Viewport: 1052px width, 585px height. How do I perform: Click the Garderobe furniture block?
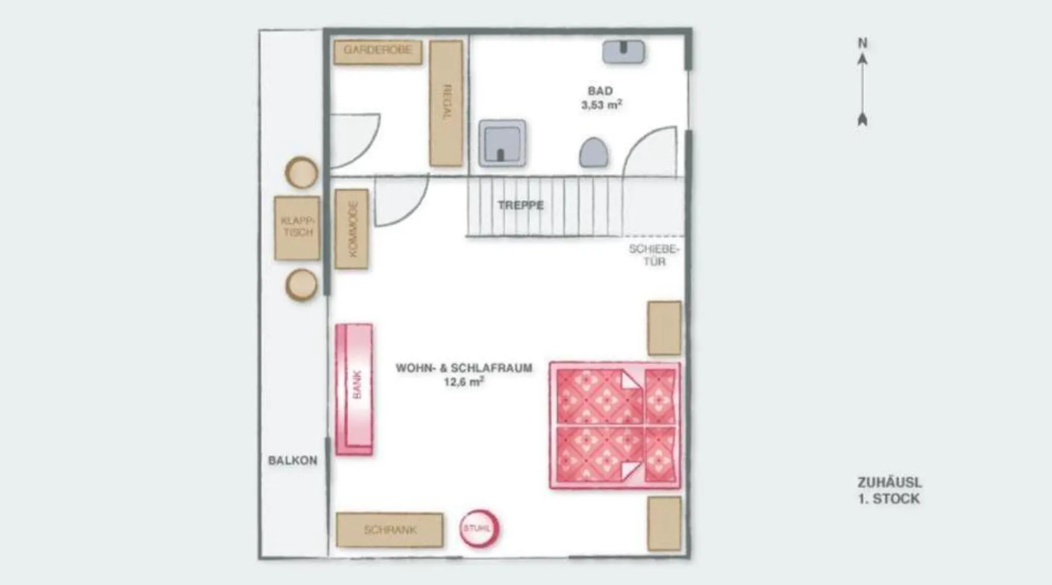coord(378,52)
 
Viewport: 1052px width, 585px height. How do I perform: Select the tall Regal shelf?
coord(447,104)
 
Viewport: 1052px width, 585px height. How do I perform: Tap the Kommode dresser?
coord(352,229)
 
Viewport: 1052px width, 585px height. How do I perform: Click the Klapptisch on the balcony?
coord(297,228)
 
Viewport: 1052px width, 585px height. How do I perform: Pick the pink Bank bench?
coord(354,389)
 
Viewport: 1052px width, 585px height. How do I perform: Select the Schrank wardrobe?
coord(390,530)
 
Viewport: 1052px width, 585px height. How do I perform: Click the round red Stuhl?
coord(479,529)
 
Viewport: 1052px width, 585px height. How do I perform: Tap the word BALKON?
coord(293,460)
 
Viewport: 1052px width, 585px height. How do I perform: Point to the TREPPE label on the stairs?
coord(521,205)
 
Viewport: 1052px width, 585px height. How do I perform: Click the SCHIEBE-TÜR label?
coord(655,255)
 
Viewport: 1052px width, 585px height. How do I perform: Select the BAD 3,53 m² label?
coord(601,98)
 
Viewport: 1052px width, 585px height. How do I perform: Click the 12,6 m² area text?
coord(464,382)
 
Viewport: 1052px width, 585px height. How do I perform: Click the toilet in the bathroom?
coord(594,153)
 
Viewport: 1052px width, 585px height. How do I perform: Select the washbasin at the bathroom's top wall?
coord(624,51)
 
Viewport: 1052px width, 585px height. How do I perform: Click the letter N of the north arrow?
coord(863,43)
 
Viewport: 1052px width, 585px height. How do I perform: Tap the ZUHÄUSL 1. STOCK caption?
coord(890,491)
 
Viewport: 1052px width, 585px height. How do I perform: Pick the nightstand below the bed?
coord(665,524)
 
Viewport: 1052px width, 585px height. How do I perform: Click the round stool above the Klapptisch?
coord(302,173)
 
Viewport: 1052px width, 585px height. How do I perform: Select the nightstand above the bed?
coord(665,328)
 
